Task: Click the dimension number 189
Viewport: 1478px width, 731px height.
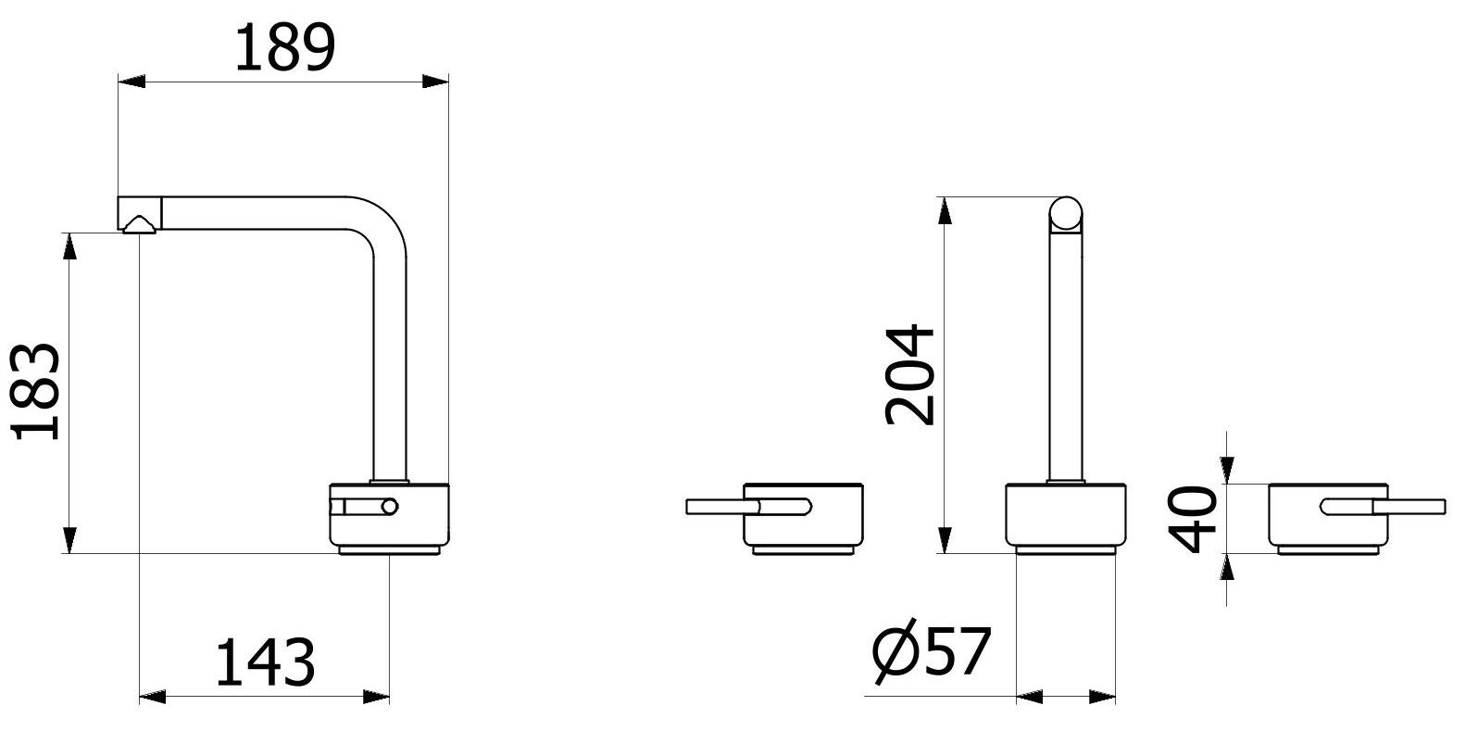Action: [x=285, y=47]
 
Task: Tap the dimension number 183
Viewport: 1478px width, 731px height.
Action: [x=36, y=392]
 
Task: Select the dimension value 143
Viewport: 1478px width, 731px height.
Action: [x=265, y=662]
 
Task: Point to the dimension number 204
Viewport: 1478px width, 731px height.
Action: [x=910, y=374]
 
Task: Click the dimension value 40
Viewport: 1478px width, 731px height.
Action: [x=1192, y=519]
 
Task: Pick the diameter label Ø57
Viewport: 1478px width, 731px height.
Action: [x=932, y=651]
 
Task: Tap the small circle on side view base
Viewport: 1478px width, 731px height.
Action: [x=390, y=507]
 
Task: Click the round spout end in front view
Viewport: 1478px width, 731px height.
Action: [x=1066, y=213]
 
